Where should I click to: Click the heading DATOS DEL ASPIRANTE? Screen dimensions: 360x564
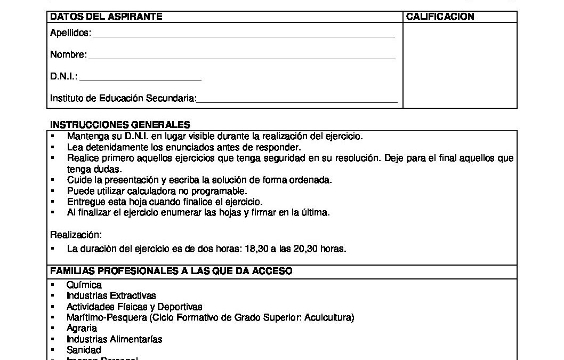coord(106,17)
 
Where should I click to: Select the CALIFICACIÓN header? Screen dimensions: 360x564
coord(440,17)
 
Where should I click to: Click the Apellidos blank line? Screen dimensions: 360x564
coord(244,36)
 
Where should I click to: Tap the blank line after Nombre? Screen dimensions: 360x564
coord(241,58)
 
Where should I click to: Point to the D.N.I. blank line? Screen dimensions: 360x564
coord(140,80)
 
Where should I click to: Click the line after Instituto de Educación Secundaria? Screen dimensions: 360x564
coord(297,101)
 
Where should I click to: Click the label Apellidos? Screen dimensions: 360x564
coord(70,34)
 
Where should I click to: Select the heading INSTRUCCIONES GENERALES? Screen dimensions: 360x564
coord(120,125)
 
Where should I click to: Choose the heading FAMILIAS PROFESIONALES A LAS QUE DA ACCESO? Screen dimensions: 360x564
coord(171,271)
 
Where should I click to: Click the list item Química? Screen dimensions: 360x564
coord(84,285)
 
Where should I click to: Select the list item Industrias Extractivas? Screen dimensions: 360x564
coord(111,295)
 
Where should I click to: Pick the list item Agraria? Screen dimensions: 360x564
coord(82,329)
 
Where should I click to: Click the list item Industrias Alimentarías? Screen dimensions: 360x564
coord(115,339)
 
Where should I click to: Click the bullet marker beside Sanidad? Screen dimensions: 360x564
coord(53,350)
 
